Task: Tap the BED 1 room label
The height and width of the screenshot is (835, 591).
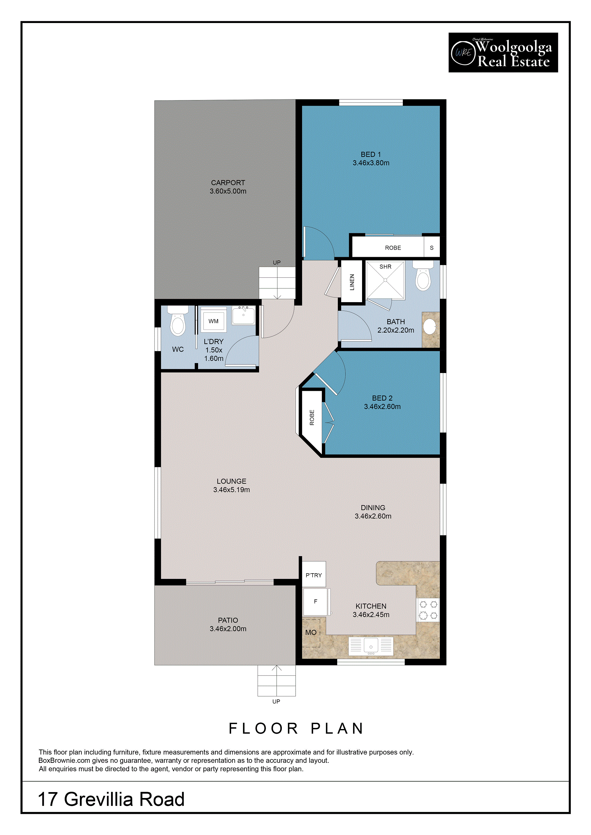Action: tap(371, 155)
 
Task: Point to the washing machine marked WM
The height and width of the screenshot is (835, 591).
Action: tap(214, 320)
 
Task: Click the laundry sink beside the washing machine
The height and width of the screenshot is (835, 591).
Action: tap(244, 315)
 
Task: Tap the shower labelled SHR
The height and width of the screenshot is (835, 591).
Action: tap(385, 280)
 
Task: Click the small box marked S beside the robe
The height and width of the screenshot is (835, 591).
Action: tap(432, 247)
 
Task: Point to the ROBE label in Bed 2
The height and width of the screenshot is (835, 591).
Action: tap(312, 417)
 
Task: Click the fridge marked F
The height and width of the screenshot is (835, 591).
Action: tap(316, 602)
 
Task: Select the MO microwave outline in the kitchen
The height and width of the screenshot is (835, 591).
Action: tap(311, 633)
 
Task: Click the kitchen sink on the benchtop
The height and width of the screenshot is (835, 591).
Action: tap(371, 646)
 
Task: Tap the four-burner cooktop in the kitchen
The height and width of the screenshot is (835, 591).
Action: tap(428, 610)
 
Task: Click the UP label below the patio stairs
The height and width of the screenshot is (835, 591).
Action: tap(276, 702)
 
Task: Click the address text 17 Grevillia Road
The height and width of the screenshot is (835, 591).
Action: tap(111, 799)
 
